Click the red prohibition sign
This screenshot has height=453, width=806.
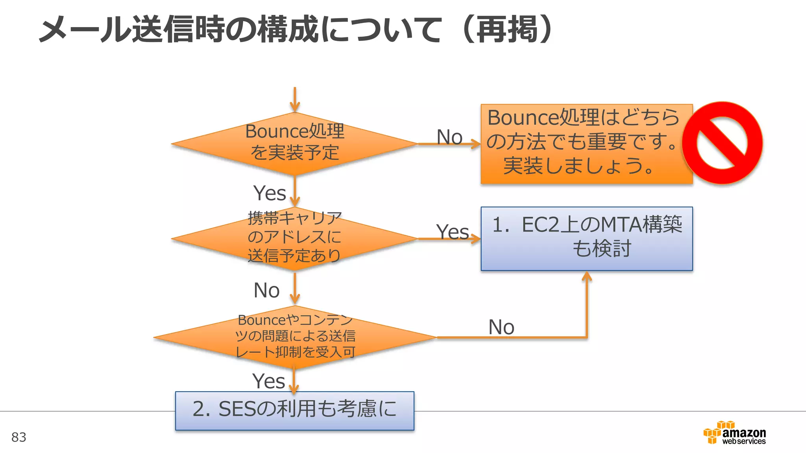722,143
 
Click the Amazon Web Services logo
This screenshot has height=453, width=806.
734,433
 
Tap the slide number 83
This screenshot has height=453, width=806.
18,437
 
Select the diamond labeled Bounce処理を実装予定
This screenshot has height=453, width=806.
294,143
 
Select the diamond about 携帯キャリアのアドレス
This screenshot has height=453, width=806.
294,238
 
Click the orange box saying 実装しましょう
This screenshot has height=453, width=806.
586,144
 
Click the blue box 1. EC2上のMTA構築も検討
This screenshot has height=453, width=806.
586,238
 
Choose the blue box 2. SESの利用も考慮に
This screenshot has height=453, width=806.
294,410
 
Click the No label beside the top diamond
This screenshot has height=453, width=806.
449,137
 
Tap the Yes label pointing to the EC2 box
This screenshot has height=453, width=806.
452,232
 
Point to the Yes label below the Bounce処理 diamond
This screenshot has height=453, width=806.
270,193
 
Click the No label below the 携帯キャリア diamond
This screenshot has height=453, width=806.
266,291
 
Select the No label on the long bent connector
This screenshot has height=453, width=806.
501,327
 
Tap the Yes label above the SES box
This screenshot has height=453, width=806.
268,381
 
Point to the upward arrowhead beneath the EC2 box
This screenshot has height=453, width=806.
587,276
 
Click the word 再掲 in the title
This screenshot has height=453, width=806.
507,29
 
